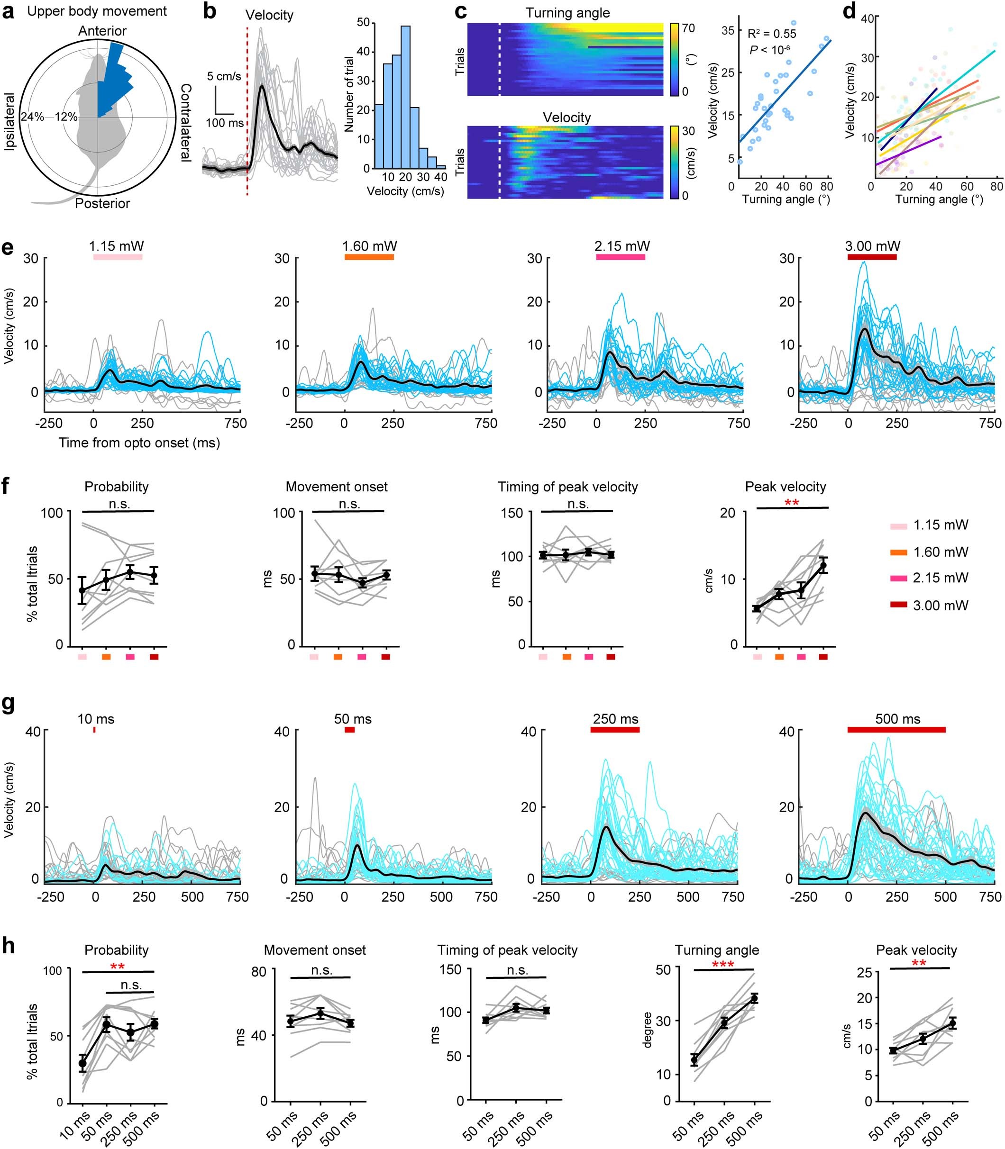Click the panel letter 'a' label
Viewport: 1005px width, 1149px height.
tap(9, 11)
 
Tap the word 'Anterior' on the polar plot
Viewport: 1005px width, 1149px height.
tap(102, 31)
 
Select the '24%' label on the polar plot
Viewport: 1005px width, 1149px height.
tap(32, 117)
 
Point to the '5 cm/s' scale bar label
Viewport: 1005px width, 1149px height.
tap(225, 76)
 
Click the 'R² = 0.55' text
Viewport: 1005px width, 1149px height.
tap(772, 34)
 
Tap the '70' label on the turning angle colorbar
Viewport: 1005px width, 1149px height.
tap(688, 28)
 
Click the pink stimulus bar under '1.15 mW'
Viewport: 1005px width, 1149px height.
tap(117, 257)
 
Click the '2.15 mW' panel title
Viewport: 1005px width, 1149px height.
tap(622, 245)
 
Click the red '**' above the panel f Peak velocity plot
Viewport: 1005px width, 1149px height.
tap(791, 503)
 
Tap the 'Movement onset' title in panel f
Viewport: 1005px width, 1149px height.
tap(337, 487)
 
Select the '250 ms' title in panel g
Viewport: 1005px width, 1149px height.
tap(615, 719)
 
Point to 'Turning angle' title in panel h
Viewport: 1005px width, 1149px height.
tap(717, 950)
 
